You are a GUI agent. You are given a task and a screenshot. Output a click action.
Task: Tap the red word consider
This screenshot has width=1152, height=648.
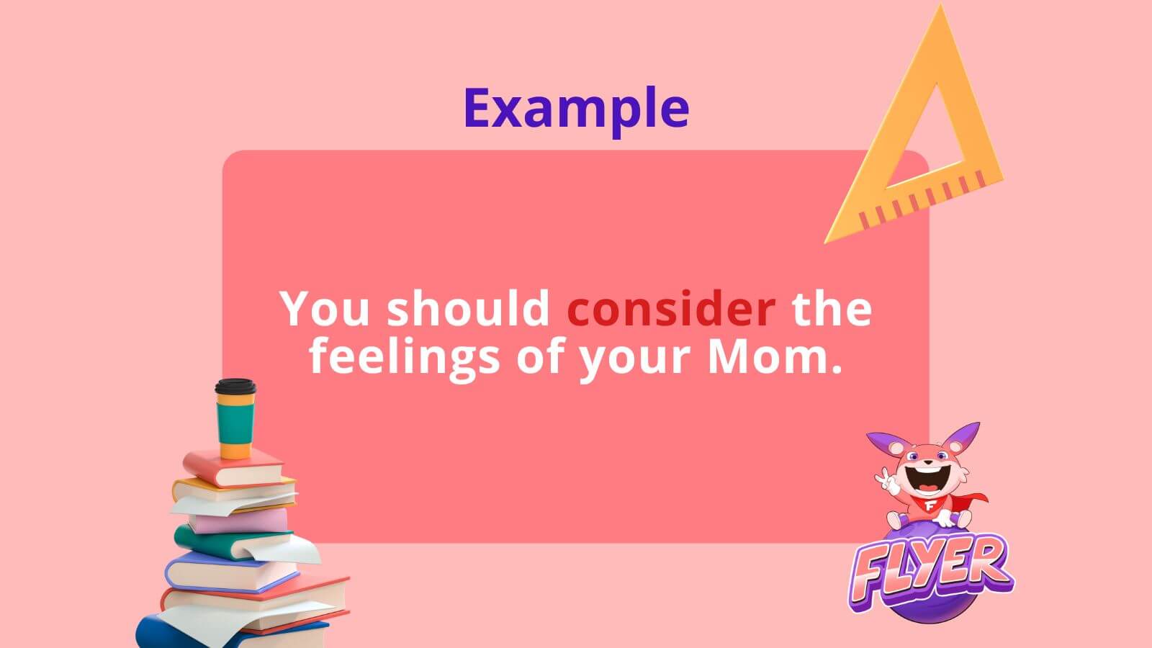tap(670, 308)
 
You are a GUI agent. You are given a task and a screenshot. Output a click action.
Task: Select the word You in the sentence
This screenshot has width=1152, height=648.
tap(325, 308)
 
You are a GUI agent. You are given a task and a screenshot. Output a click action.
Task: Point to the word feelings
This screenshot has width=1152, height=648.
tap(405, 358)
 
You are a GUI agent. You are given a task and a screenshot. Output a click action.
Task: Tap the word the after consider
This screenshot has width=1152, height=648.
tap(832, 308)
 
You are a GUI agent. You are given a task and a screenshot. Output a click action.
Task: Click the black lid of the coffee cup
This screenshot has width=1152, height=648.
tap(235, 387)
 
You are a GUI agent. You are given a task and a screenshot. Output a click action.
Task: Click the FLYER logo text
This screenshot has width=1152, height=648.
tap(932, 572)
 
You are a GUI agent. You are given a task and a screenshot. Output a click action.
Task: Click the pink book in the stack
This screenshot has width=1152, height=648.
tap(239, 521)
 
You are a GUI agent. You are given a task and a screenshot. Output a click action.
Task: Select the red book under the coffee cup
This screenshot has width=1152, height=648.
tap(234, 468)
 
